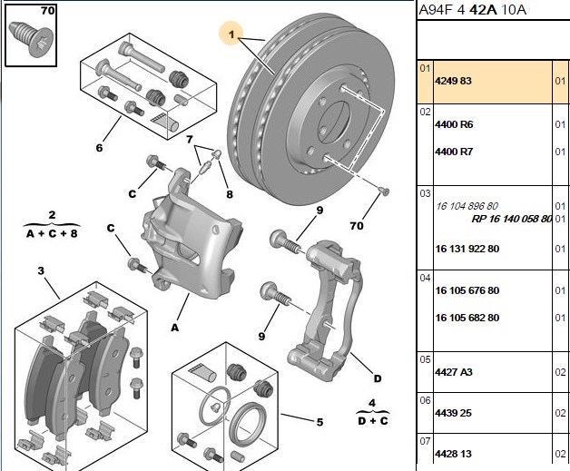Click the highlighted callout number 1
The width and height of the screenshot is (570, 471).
231,34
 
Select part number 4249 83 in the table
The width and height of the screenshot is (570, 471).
453,81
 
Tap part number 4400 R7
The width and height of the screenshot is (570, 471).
454,152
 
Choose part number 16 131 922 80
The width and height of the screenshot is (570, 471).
467,249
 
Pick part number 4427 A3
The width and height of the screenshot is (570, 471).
454,372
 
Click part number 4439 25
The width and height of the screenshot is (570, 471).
453,413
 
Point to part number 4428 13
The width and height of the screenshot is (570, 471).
453,454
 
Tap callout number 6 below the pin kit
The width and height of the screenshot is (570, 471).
99,148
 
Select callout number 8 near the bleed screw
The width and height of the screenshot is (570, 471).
230,194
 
